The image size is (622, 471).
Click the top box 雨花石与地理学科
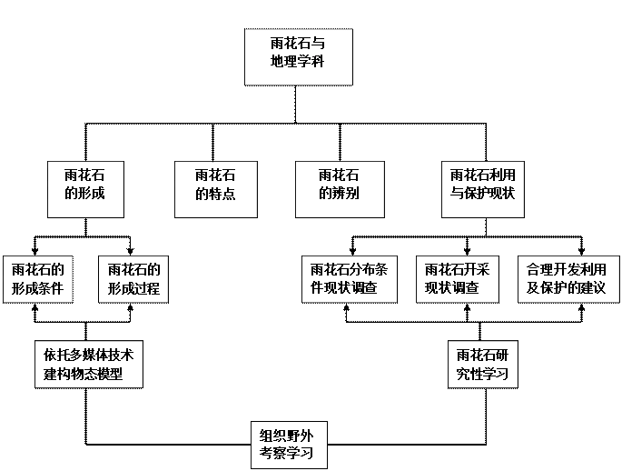pos(298,56)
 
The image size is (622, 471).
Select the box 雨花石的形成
pos(85,189)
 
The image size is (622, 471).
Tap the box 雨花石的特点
pos(215,189)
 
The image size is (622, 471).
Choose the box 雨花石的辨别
pos(339,189)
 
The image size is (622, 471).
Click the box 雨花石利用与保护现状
pos(484,189)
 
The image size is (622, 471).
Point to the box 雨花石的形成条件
pos(38,279)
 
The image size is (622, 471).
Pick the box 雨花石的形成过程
pos(133,279)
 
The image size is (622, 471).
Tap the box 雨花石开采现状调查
pos(458,279)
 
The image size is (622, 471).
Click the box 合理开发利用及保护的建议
pos(568,279)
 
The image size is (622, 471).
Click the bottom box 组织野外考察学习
pos(286,443)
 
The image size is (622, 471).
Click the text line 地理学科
pos(298,64)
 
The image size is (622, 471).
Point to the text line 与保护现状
pos(484,195)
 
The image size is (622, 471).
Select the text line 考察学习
pos(286,453)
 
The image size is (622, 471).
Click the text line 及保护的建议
pos(568,289)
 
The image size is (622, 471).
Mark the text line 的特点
pos(215,195)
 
